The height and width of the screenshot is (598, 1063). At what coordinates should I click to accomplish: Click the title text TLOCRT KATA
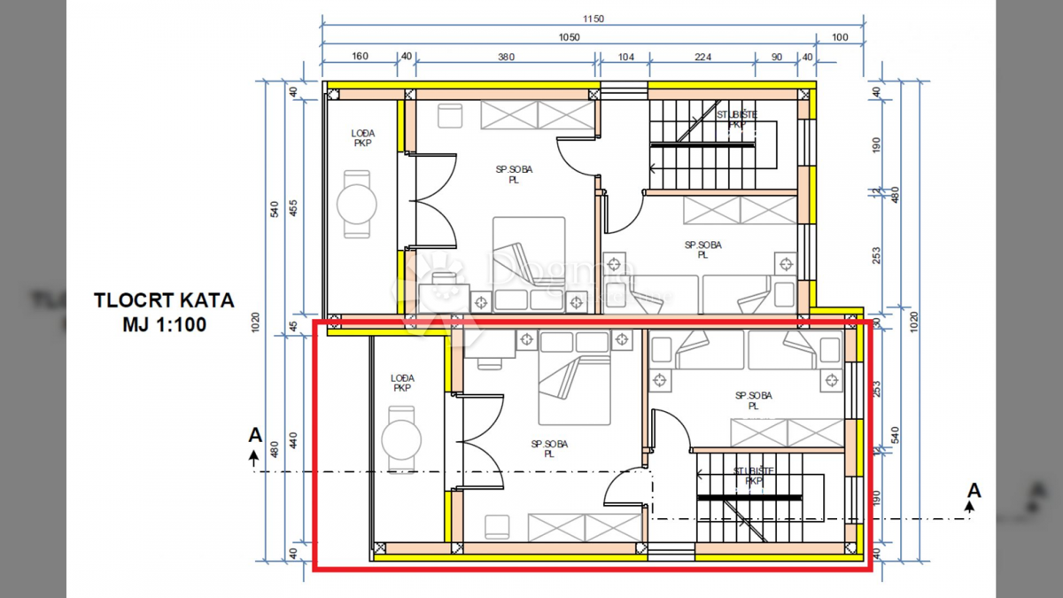(x=164, y=300)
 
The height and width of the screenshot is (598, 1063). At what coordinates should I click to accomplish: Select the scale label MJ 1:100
(x=164, y=324)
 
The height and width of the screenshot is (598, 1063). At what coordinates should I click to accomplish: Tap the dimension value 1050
(x=568, y=36)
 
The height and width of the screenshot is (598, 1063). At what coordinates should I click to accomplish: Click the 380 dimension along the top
(x=505, y=56)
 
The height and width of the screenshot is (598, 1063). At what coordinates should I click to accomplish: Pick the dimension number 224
(x=702, y=56)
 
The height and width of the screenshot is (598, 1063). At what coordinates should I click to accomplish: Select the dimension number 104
(x=625, y=56)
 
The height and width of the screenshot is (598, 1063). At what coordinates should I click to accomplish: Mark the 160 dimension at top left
(x=360, y=56)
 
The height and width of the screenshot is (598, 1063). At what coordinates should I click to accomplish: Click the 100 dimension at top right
(x=838, y=36)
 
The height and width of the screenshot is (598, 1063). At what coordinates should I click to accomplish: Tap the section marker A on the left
(x=255, y=436)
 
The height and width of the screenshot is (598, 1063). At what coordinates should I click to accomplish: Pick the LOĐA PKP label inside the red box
(x=402, y=383)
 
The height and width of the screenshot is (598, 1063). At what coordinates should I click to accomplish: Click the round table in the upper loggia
(x=358, y=204)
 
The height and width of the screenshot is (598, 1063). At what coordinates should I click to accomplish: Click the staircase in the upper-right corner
(x=712, y=142)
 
